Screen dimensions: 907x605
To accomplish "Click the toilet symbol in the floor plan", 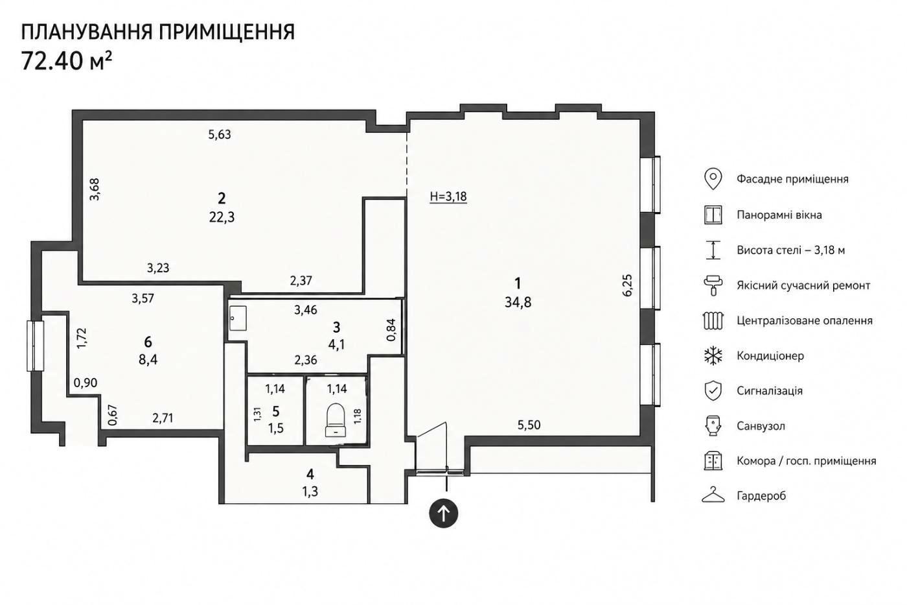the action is coord(336,420).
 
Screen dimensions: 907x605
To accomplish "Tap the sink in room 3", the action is coord(238,318).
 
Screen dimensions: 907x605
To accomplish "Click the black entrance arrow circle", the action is coord(443,514).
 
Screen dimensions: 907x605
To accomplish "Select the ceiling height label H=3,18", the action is coord(448,196).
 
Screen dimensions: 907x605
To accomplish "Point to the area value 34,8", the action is coord(518,302).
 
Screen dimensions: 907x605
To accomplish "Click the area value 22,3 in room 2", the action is coord(222,217).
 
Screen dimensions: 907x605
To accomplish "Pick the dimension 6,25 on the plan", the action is coord(627,285).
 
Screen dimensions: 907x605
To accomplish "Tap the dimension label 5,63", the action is coord(220,134).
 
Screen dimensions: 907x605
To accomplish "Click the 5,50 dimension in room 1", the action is coord(529,425).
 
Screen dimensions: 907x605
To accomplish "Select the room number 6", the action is coord(148,342).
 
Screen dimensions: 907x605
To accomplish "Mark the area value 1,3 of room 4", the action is coord(310,492).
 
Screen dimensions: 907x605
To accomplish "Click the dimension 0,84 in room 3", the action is coord(391,330).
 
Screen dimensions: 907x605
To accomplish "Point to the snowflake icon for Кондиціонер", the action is coord(713,356).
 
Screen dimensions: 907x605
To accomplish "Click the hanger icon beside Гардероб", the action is coord(713,495).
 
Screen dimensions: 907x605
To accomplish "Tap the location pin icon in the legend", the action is coord(713,179).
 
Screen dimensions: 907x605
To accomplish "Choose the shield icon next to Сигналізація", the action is coord(713,390).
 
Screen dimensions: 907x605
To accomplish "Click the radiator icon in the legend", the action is coord(713,320).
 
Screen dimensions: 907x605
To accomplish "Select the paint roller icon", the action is coord(713,285).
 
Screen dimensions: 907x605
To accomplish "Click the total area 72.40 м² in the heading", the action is coord(66,61).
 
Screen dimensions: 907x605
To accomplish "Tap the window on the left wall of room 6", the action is coord(35,346).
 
